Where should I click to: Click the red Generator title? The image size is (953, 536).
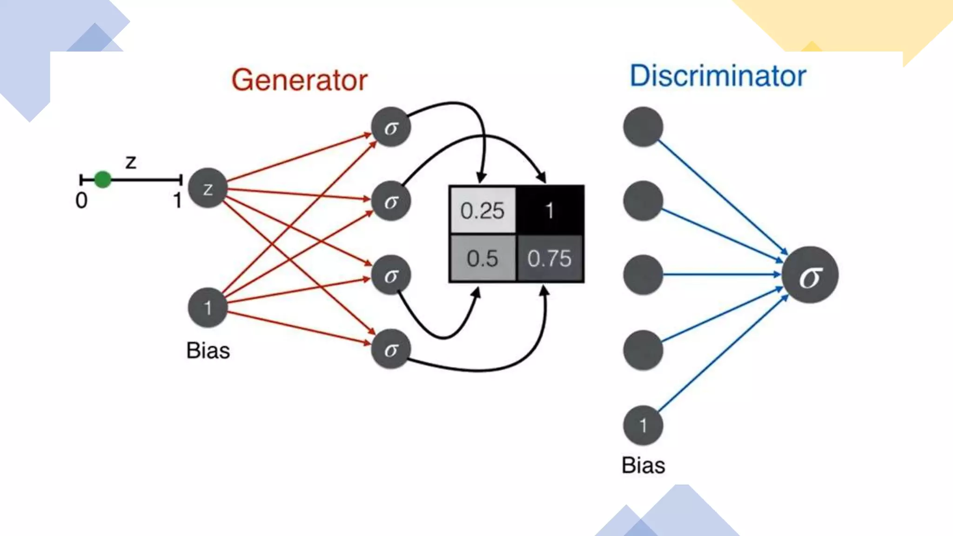[299, 80]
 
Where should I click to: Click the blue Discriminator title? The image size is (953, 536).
[718, 76]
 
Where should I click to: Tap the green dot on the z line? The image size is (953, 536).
[102, 179]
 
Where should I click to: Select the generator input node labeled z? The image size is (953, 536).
[208, 188]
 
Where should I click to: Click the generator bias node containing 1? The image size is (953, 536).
[208, 308]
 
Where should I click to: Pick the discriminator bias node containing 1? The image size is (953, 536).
[643, 425]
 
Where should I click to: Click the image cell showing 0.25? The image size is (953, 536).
[483, 210]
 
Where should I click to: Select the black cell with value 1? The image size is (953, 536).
[550, 210]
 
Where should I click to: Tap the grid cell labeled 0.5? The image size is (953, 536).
[483, 258]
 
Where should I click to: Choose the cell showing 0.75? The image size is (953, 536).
[550, 258]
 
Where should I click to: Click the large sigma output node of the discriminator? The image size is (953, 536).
[810, 275]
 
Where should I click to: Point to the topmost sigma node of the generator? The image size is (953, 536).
[391, 127]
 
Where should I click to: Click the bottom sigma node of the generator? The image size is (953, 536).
[391, 349]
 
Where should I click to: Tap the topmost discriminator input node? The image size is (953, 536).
[643, 127]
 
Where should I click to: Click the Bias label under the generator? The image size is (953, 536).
[208, 350]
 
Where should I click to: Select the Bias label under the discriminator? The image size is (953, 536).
[643, 465]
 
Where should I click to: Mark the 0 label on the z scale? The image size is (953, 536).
[81, 201]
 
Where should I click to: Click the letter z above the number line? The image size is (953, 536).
[131, 162]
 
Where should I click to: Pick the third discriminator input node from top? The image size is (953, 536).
[643, 275]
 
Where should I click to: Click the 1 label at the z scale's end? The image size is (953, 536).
[177, 201]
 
